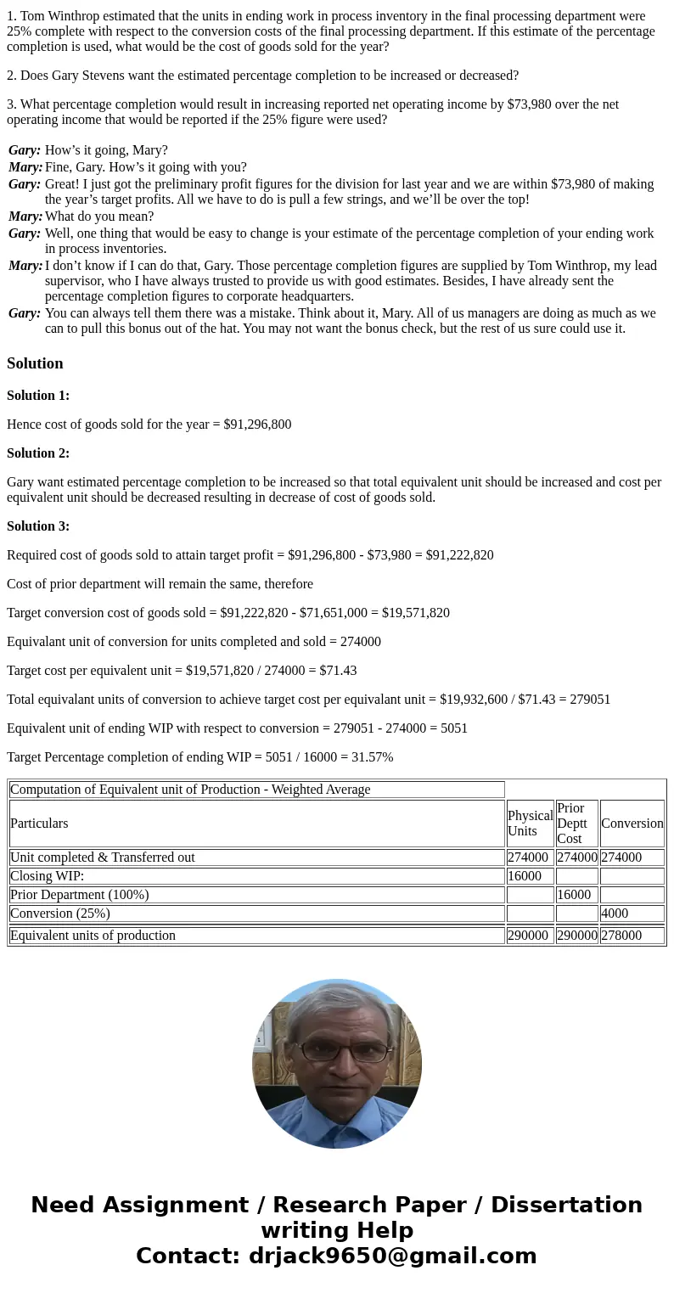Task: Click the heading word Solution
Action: click(x=35, y=363)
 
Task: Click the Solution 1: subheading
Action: click(x=38, y=396)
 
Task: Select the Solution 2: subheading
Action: click(x=38, y=453)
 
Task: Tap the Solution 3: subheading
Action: click(x=38, y=526)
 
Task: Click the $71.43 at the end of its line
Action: click(x=338, y=671)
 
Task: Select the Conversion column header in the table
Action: click(x=632, y=824)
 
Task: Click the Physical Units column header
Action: click(x=530, y=824)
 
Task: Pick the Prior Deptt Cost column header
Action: click(x=576, y=824)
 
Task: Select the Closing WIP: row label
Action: click(x=48, y=876)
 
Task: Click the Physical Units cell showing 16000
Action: click(x=525, y=876)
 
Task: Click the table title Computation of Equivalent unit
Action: click(x=190, y=790)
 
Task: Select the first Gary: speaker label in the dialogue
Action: click(x=25, y=150)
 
